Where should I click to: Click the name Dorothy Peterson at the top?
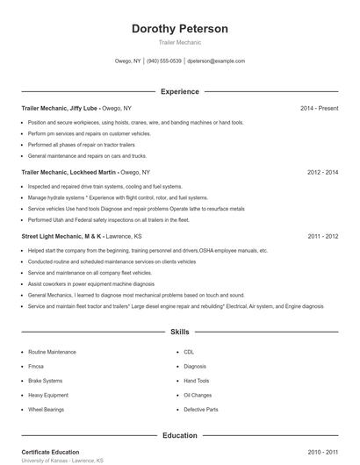coord(179,29)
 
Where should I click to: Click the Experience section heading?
coord(179,91)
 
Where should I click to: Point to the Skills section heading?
coord(179,333)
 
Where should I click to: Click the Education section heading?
coord(179,435)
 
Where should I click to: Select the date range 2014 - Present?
coord(319,108)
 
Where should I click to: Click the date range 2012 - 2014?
coord(322,173)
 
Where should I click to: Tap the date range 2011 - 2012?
coord(322,236)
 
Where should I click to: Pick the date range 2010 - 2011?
coord(322,452)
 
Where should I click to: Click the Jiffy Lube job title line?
coord(76,108)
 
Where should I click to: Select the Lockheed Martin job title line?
coord(85,173)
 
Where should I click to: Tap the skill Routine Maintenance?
coord(52,352)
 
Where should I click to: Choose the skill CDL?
coord(190,352)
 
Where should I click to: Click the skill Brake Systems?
coord(46,381)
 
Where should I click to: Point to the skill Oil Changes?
coord(198,395)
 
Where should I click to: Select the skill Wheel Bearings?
coord(47,410)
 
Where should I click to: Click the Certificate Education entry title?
coord(50,452)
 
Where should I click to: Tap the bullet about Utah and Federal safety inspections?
coord(109,220)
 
